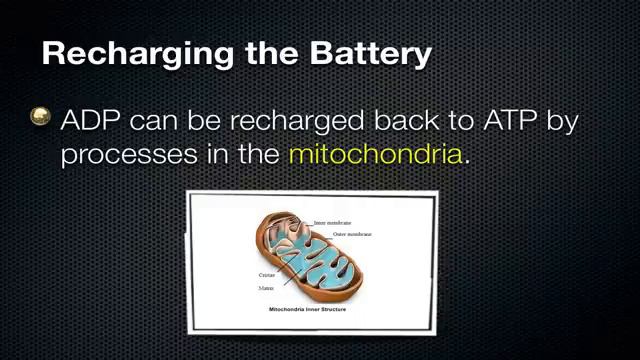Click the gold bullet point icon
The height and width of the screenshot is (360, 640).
pos(41,117)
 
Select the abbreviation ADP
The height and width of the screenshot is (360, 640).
pos(90,120)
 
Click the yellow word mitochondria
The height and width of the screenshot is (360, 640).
pos(375,154)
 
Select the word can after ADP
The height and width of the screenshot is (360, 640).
pos(155,121)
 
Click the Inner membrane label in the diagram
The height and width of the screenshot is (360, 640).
pos(332,222)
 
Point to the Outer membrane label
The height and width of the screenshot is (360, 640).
pos(352,234)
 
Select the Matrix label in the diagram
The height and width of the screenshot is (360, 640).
pos(267,287)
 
